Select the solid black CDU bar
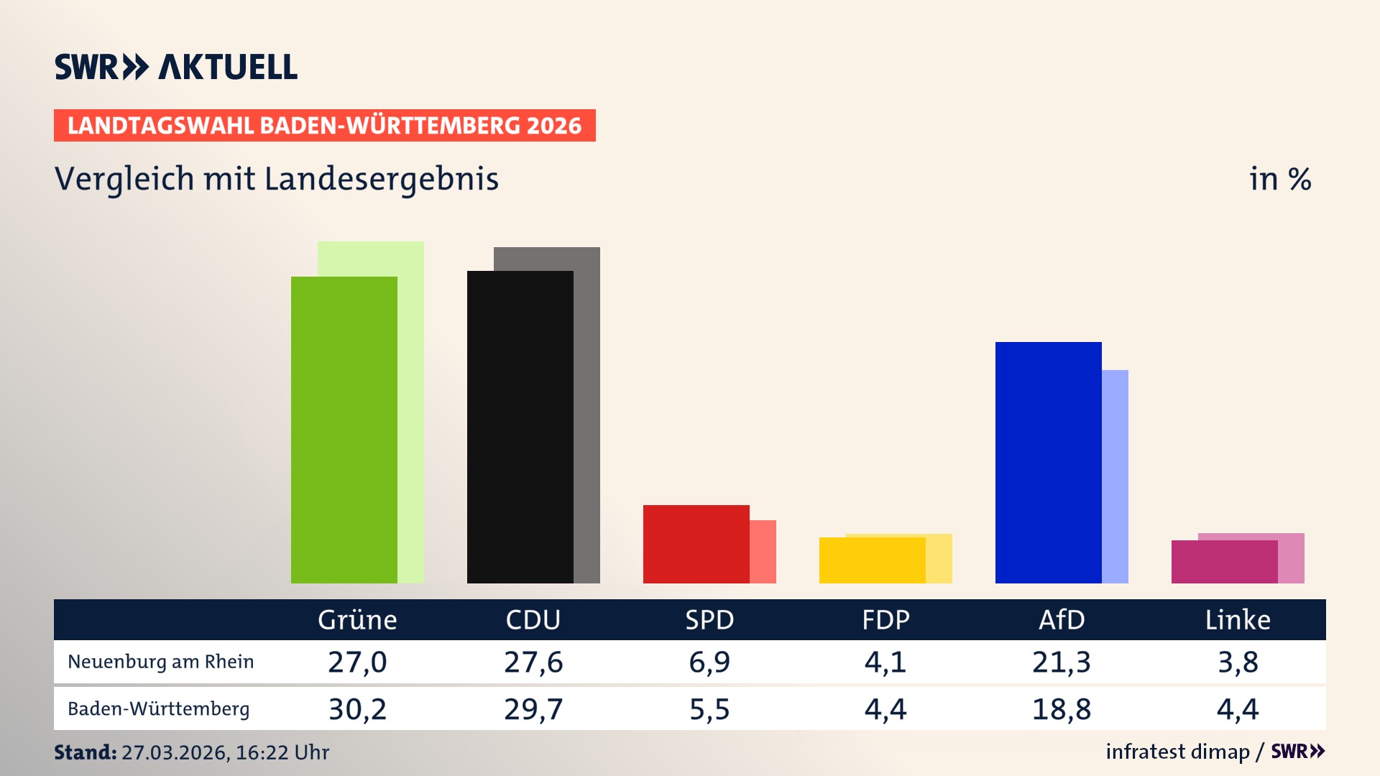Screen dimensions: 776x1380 tap(520, 427)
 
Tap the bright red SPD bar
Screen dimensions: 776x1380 tap(696, 544)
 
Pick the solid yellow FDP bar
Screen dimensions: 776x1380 tap(872, 560)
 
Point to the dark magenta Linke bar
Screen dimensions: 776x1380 tap(1224, 562)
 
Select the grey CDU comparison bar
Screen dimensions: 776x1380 tap(586, 417)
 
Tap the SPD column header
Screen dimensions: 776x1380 tap(709, 619)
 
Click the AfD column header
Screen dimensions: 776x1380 tap(1062, 619)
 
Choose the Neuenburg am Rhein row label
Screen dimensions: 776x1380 tap(160, 662)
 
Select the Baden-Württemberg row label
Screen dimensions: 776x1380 tap(158, 709)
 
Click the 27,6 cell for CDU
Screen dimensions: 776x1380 tap(533, 662)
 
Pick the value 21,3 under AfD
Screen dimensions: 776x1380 tap(1062, 662)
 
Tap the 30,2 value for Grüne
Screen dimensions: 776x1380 tap(357, 709)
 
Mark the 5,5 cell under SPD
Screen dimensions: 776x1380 tap(709, 709)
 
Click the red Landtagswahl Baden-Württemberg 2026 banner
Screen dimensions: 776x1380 tap(324, 125)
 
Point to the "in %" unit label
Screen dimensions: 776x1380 tap(1279, 179)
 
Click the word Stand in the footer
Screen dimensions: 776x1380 tap(85, 752)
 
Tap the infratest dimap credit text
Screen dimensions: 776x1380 tap(1177, 752)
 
